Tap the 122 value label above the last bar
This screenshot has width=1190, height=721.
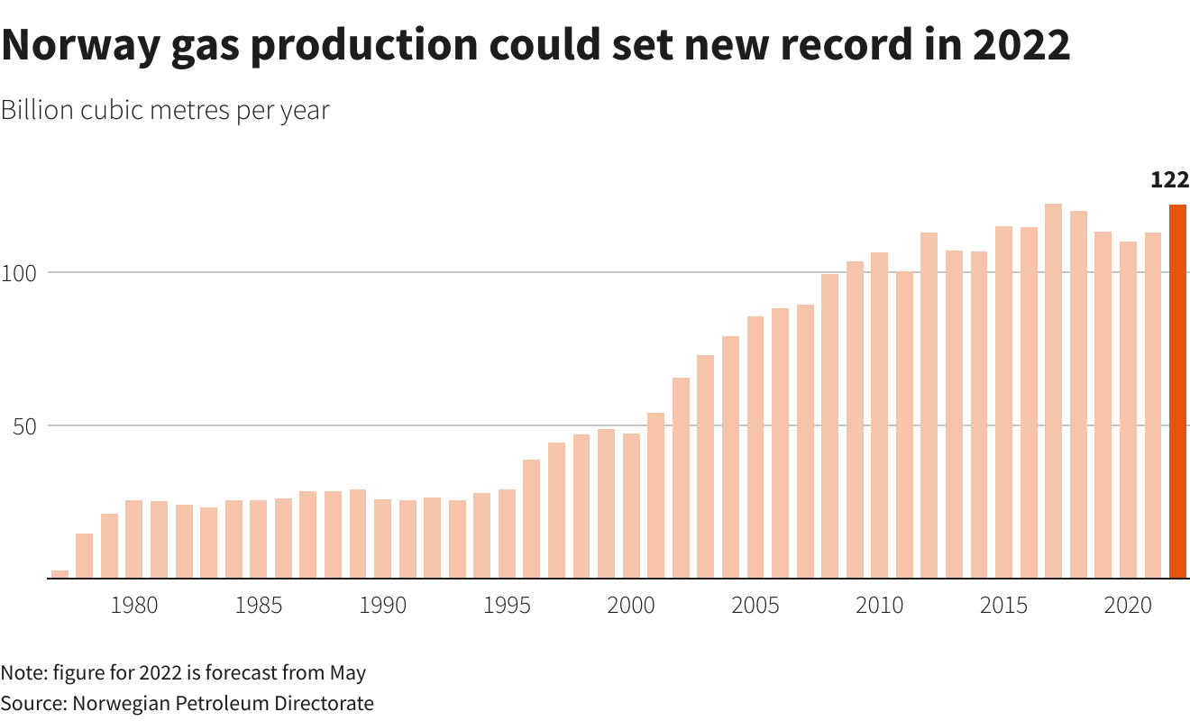pyautogui.click(x=1170, y=179)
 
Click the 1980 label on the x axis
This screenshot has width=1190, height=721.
pyautogui.click(x=134, y=606)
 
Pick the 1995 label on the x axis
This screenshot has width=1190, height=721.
pyautogui.click(x=507, y=606)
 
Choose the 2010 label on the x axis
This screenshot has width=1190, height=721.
pyautogui.click(x=879, y=606)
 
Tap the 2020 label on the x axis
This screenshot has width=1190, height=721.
pyautogui.click(x=1128, y=606)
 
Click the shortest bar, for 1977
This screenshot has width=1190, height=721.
pyautogui.click(x=59, y=574)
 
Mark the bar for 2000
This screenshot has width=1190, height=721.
pyautogui.click(x=631, y=506)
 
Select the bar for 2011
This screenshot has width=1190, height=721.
pyautogui.click(x=904, y=424)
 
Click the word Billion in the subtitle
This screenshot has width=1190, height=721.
pyautogui.click(x=37, y=111)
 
